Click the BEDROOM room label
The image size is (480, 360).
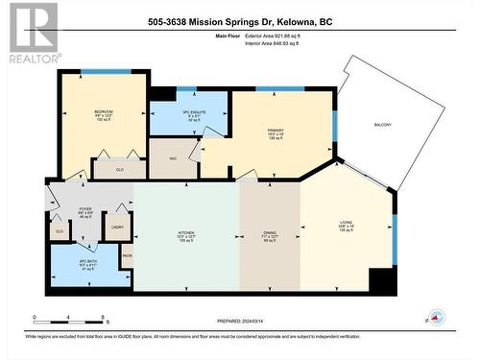[x=103, y=112]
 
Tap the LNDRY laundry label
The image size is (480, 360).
[x=117, y=228]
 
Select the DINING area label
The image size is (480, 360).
[x=270, y=234]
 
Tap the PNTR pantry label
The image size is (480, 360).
[x=127, y=255]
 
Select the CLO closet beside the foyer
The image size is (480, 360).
[x=59, y=230]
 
